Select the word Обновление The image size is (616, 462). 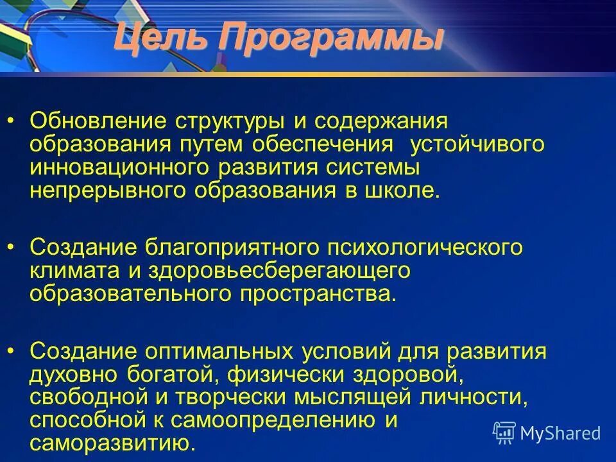103,121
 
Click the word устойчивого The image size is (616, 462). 477,144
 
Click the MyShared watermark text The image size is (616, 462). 560,434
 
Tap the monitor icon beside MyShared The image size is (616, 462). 504,432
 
